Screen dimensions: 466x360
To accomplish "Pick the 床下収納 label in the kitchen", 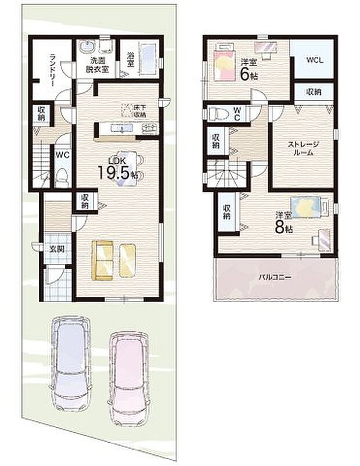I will (140, 110).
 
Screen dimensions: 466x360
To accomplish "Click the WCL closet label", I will (314, 59).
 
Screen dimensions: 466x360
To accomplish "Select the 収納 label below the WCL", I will (314, 92).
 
